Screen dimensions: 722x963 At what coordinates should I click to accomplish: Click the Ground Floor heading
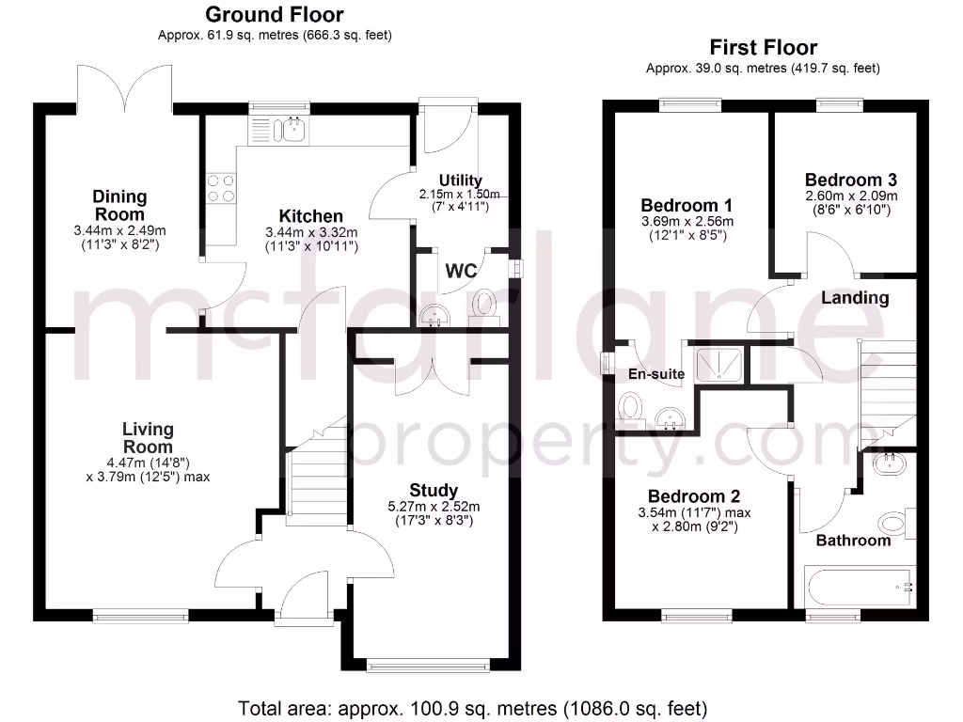(x=274, y=15)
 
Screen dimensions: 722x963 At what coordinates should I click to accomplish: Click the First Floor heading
(x=763, y=48)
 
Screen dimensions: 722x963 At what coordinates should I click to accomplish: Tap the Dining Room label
(x=119, y=205)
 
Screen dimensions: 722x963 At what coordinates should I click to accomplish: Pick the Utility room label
(x=461, y=180)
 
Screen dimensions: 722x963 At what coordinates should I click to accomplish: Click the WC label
(x=461, y=272)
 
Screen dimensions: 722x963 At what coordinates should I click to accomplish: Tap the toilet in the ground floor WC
(x=486, y=303)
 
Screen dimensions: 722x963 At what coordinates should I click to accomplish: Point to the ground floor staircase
(x=306, y=475)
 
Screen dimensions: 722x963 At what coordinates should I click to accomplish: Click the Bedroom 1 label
(x=687, y=205)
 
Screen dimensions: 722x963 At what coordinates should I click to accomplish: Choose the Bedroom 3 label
(x=851, y=180)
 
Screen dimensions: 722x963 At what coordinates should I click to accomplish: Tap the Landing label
(x=855, y=298)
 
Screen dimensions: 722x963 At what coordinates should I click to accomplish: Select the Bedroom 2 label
(x=693, y=496)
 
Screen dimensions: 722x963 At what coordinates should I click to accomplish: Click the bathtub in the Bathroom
(x=858, y=588)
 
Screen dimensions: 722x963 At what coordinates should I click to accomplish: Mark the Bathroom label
(x=853, y=541)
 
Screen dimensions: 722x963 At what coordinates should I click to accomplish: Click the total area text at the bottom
(x=472, y=708)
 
